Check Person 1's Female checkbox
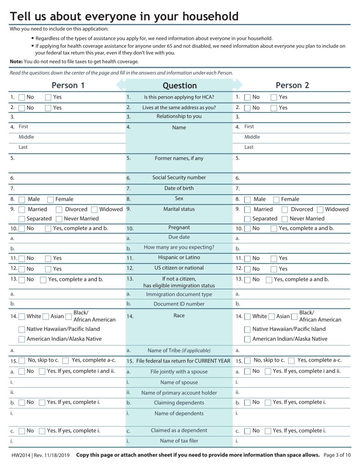[x=50, y=200]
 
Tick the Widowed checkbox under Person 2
[x=320, y=210]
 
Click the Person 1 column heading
[x=68, y=85]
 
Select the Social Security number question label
[x=179, y=178]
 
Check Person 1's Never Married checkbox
[x=59, y=219]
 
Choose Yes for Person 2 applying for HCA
[x=274, y=97]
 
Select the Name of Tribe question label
[x=179, y=351]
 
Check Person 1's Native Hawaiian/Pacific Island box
[x=22, y=330]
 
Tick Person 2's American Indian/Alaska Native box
[x=247, y=339]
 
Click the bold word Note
[x=16, y=61]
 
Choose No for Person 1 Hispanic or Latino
[x=22, y=259]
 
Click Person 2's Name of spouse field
[x=296, y=382]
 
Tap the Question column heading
[x=179, y=86]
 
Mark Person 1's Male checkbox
[x=22, y=200]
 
